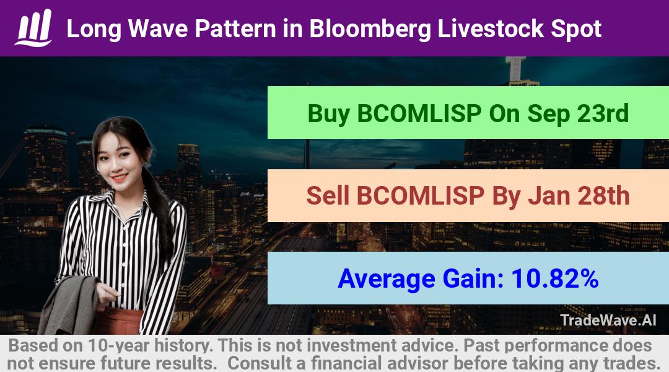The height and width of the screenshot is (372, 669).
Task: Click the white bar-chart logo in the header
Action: (x=33, y=28)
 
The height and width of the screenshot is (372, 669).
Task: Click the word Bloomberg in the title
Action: (x=370, y=29)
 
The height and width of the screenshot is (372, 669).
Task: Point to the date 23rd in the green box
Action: (x=603, y=113)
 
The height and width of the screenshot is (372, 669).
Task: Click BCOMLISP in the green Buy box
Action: (x=419, y=113)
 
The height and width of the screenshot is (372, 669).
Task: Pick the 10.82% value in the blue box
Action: (x=555, y=278)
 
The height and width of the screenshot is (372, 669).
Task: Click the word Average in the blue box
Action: (x=387, y=279)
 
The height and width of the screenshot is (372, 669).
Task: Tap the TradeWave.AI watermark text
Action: (x=608, y=320)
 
